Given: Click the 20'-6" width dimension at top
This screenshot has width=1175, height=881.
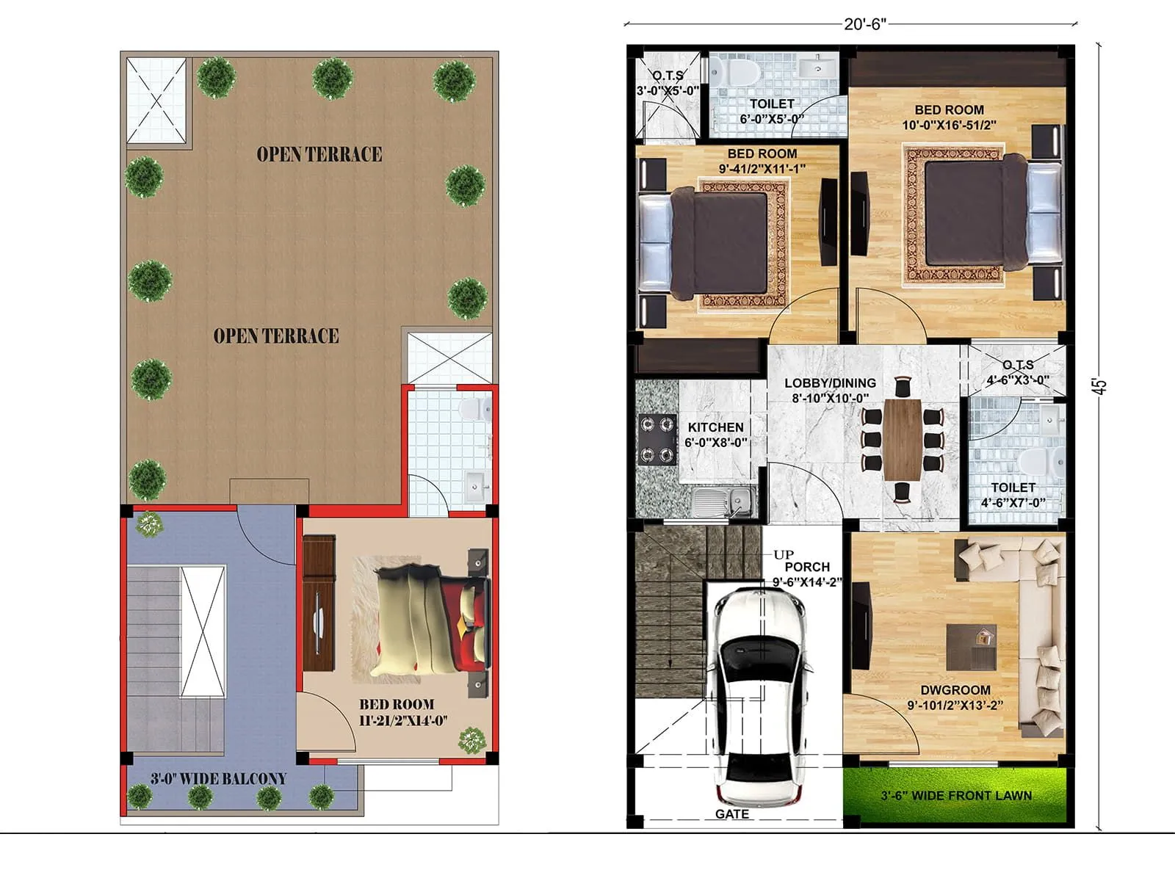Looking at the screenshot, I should point(864,24).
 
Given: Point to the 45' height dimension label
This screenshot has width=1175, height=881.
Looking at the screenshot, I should point(1099,387).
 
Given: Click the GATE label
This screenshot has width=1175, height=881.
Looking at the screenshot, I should point(731,814).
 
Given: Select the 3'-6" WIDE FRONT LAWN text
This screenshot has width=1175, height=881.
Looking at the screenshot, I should point(956,796).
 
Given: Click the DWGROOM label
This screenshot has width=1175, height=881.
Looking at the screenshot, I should point(955,690).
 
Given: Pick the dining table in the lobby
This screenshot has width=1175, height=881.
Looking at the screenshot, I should point(903,439).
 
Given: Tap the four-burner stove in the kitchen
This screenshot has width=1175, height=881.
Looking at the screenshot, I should point(657,439).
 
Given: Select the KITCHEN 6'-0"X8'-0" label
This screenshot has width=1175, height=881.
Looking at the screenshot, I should point(715,435).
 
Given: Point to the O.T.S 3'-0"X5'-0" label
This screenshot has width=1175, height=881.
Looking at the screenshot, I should point(668,83).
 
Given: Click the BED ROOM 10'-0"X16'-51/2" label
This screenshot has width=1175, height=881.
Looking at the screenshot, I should point(949,117).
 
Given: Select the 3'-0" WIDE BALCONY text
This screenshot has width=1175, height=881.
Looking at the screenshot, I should point(218,779).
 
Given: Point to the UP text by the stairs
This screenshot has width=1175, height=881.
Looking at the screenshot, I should point(783,554).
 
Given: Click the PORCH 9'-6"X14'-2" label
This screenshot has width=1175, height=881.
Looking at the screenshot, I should point(806,574).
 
